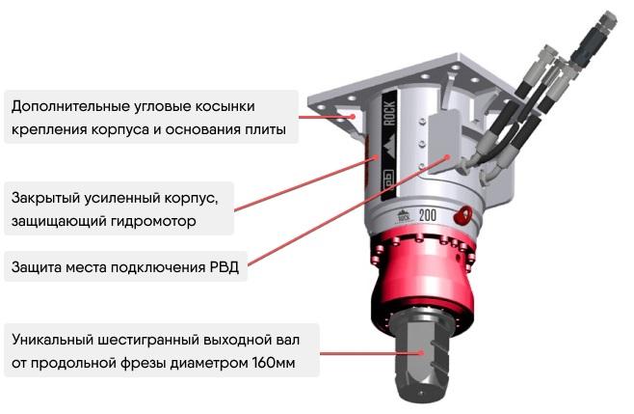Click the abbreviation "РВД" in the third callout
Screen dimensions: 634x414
225,267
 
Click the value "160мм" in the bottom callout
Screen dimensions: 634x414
274,363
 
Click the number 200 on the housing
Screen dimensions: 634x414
428,214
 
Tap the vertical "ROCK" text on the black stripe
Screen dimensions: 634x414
389,113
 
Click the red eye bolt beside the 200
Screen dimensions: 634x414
462,214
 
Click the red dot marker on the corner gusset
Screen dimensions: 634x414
353,117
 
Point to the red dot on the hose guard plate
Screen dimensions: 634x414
447,157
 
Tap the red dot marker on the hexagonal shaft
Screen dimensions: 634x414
421,353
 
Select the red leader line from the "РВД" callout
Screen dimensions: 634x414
347,211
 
